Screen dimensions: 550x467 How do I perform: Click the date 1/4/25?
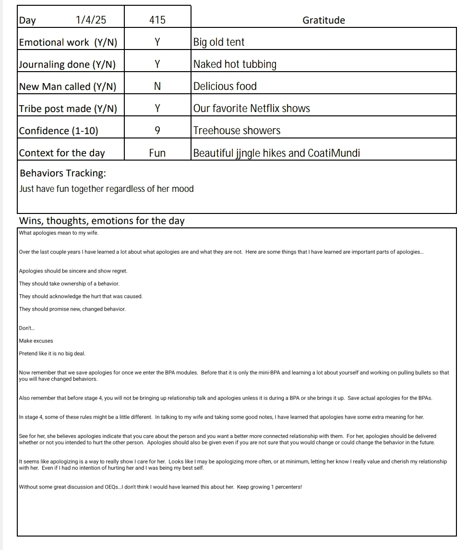91,20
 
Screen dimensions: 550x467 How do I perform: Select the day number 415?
157,20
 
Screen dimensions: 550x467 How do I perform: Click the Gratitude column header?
323,20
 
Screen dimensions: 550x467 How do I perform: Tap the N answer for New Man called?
157,87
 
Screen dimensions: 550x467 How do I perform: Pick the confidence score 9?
157,131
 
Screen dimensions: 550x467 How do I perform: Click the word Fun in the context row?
157,153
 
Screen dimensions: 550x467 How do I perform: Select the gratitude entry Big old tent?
219,42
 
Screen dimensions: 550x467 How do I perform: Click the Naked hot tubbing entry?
235,64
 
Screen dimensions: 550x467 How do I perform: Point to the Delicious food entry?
225,87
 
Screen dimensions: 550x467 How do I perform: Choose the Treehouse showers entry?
237,131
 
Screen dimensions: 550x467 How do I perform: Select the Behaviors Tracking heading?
63,173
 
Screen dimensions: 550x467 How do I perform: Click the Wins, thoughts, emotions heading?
102,221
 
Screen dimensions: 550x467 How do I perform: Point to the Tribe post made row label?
68,109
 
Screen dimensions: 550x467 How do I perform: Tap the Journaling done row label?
67,64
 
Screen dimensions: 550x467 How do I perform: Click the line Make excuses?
36,341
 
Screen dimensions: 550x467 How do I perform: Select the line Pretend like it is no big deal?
52,353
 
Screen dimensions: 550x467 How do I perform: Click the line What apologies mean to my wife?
59,233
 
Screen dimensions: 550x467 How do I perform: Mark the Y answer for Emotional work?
157,42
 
